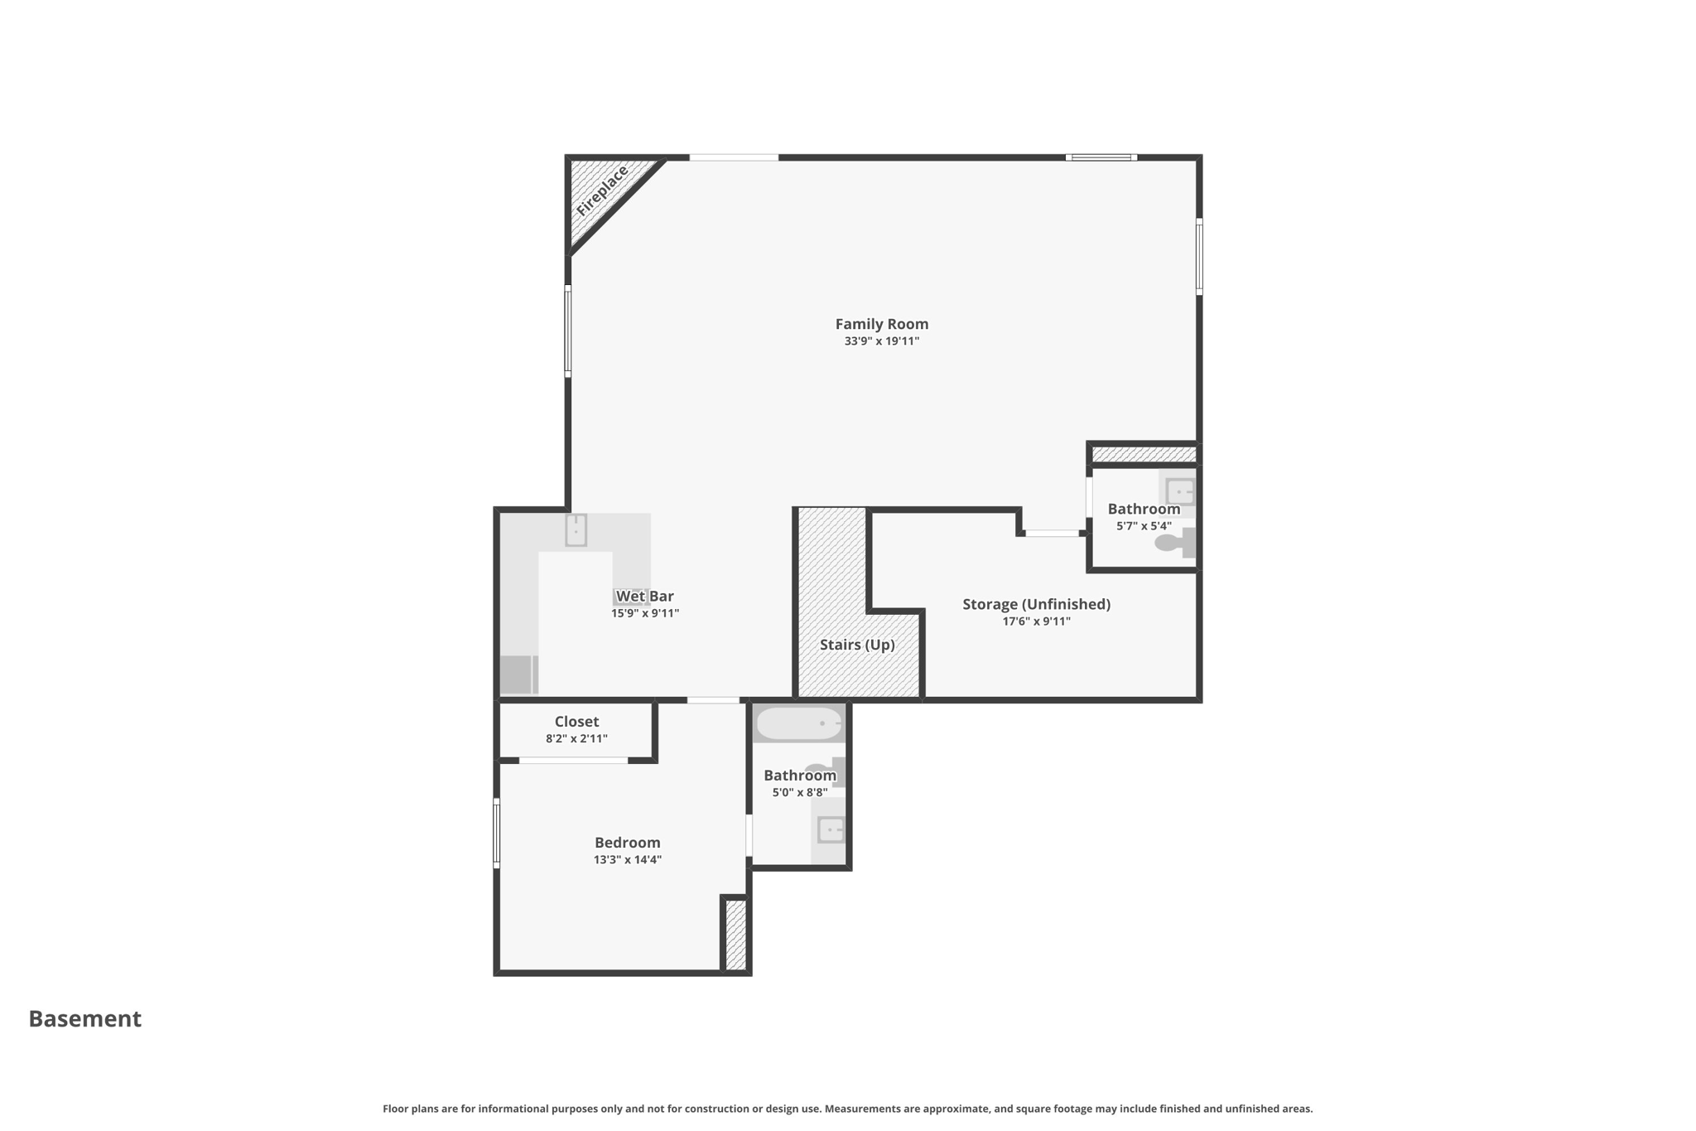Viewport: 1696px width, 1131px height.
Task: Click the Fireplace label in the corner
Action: click(602, 191)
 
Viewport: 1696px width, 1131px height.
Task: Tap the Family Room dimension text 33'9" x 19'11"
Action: click(881, 341)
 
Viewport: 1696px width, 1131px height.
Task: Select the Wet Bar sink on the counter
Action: click(576, 530)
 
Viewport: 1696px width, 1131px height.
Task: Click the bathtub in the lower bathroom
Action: click(799, 724)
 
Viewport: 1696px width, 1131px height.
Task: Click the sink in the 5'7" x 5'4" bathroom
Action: click(1179, 491)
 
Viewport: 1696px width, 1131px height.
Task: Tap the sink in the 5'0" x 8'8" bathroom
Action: click(830, 829)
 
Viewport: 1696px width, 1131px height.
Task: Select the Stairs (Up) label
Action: click(857, 645)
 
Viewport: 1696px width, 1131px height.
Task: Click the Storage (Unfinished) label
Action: click(1036, 604)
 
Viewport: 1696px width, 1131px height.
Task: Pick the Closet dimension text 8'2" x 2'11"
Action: click(576, 739)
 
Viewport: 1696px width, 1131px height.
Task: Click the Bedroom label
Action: click(627, 843)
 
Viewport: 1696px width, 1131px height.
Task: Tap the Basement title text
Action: click(85, 1018)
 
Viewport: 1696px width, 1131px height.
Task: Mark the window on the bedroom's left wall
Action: click(497, 833)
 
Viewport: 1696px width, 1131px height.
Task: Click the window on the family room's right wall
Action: click(1198, 257)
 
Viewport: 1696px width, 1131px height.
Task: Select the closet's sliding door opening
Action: click(573, 760)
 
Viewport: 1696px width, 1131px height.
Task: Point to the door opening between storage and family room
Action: click(1052, 534)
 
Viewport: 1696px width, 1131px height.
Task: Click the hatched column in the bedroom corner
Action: click(735, 935)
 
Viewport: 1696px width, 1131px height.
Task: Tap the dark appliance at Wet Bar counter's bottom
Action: click(515, 674)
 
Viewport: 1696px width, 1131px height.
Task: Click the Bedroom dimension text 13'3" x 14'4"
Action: click(627, 860)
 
